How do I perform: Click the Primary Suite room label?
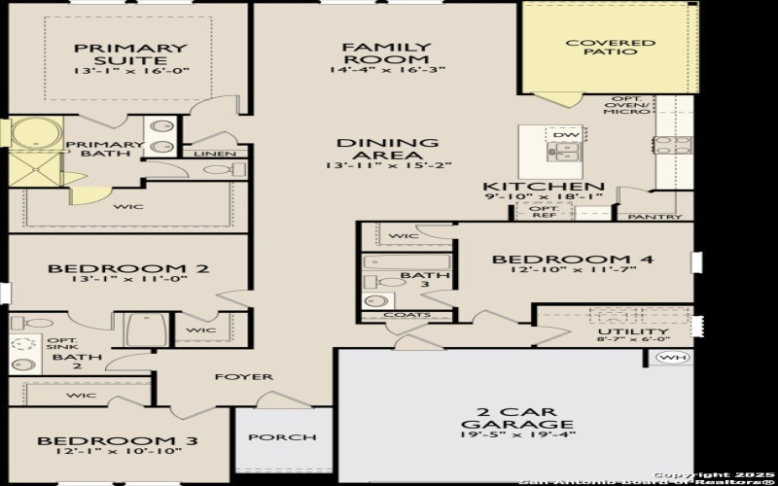[x=130, y=49]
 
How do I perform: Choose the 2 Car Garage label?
[x=516, y=416]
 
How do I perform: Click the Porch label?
[x=283, y=437]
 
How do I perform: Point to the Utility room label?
[x=619, y=331]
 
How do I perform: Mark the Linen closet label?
[x=213, y=154]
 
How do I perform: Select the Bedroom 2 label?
[x=129, y=268]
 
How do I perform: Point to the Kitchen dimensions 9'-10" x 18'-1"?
[x=543, y=197]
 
